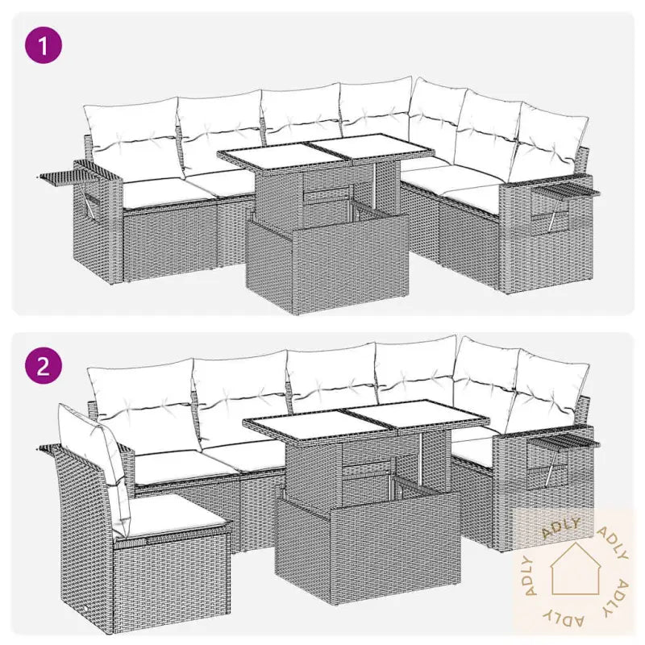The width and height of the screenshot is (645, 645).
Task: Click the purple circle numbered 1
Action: (44, 45)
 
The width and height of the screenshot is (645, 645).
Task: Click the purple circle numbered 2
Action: (44, 366)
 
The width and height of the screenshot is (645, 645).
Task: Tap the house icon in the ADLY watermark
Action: (575, 569)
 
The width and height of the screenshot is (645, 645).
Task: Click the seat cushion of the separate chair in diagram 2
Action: (172, 515)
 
